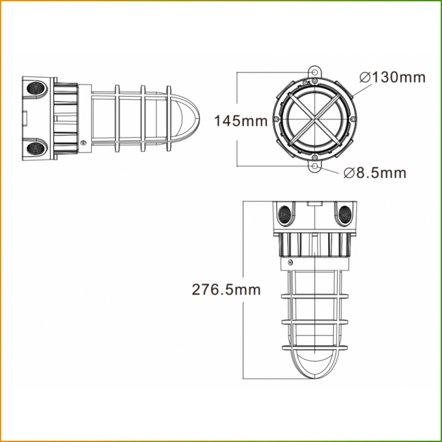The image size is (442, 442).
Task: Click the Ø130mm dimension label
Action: (392, 77)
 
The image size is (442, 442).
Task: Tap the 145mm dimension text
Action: (241, 121)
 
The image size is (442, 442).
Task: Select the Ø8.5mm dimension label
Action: (375, 172)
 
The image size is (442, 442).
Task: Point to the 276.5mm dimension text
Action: (226, 290)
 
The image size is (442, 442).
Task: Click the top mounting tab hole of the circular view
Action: (315, 72)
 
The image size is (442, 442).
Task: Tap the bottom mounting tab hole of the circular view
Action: (315, 166)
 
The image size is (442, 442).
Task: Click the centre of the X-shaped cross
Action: (315, 119)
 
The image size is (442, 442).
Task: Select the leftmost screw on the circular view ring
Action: (276, 119)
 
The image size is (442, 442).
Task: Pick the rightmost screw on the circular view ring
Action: (353, 119)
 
